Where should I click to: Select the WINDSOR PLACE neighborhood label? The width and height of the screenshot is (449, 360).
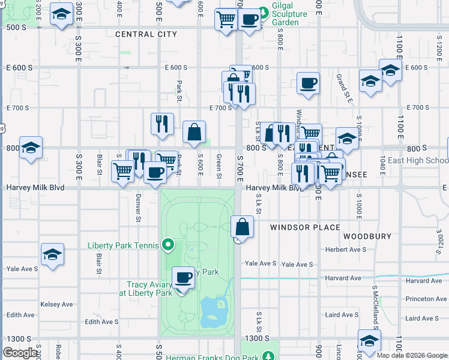tap(305, 227)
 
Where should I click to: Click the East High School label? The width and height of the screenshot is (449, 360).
tap(418, 160)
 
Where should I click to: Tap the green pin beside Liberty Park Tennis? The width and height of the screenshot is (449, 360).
tap(169, 245)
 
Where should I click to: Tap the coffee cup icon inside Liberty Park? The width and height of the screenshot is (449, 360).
tap(184, 277)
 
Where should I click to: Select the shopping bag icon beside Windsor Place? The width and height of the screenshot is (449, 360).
tap(241, 227)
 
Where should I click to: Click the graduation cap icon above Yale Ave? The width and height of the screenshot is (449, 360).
tap(53, 254)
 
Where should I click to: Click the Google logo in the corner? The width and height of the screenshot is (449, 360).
tap(20, 353)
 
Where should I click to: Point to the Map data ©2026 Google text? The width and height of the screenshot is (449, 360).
tap(412, 355)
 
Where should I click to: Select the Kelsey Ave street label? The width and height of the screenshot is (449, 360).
tap(56, 304)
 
